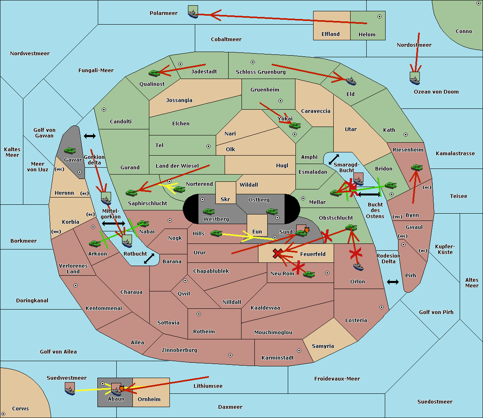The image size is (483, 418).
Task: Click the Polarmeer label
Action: pos(163,13)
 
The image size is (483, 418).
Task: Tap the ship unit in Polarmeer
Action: pos(193,13)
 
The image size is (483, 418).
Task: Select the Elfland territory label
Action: pos(330,34)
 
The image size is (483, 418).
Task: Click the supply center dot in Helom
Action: pos(379,17)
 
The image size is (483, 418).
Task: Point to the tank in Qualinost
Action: pos(154,73)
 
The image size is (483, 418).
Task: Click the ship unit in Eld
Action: pos(351,81)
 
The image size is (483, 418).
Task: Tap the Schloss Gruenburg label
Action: pos(260,72)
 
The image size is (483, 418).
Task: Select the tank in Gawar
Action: pos(70,150)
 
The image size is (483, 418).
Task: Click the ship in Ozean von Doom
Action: pos(415,79)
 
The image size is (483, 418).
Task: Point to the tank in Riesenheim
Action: pos(417,167)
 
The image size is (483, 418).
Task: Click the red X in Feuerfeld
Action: pos(277,254)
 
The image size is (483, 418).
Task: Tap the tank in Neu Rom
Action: pos(309,274)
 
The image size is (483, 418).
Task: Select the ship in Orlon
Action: pos(358,266)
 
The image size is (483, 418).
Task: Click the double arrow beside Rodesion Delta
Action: pos(393,282)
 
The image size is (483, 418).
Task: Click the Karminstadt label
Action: pos(278,358)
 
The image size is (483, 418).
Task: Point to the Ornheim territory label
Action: pos(149,399)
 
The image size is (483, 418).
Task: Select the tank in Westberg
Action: pos(208,211)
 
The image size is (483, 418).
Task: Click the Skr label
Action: pos(225,200)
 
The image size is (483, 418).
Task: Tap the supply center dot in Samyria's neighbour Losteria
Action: pos(382,307)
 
